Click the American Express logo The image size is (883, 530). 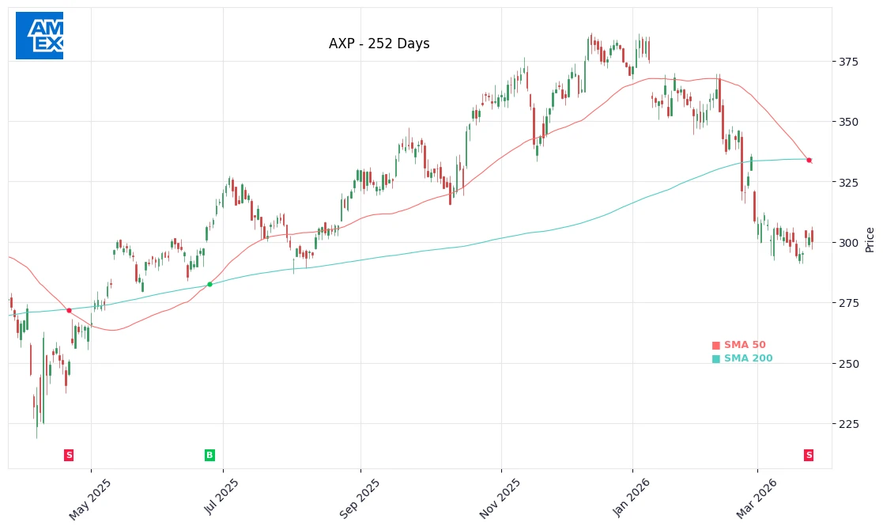(40, 36)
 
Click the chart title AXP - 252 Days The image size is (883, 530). (379, 44)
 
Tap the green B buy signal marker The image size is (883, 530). (209, 455)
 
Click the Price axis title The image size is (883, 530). (870, 240)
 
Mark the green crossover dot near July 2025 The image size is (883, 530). (209, 284)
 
